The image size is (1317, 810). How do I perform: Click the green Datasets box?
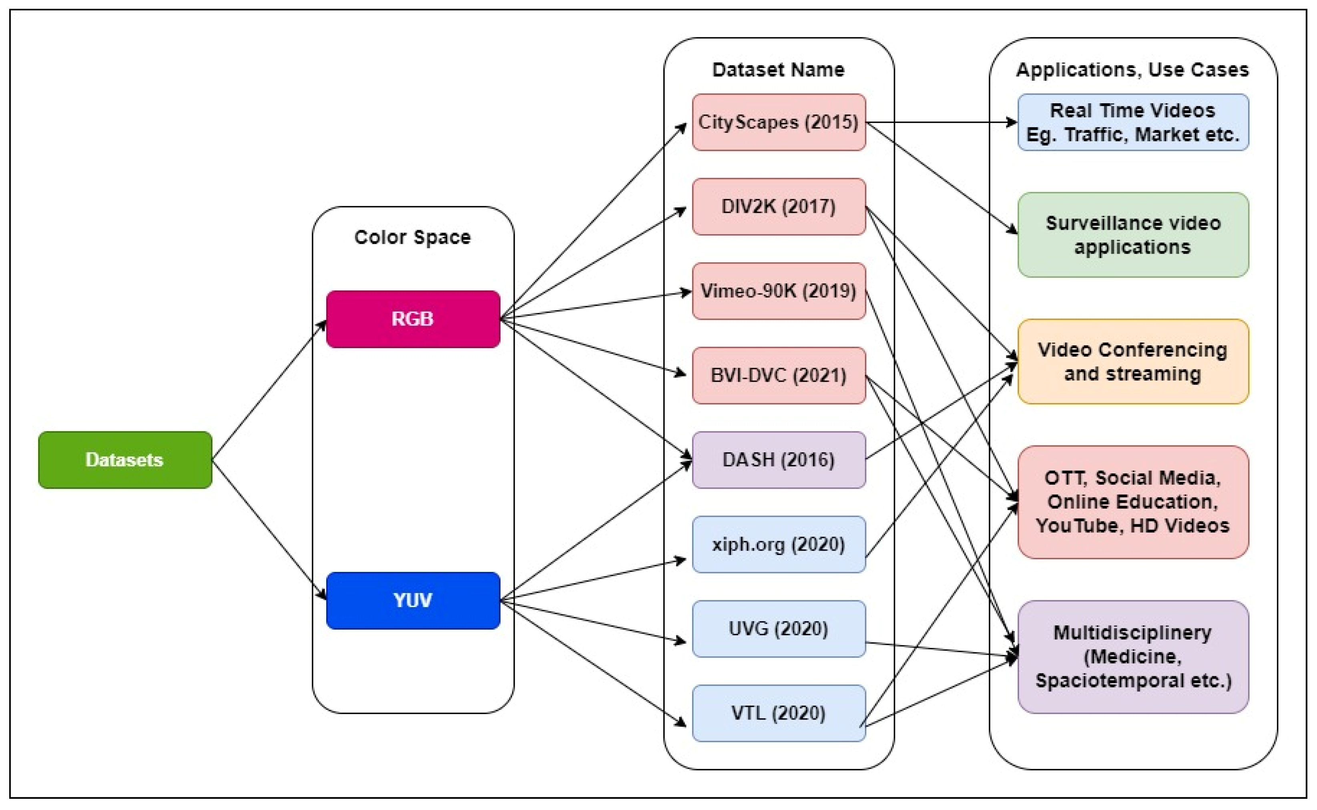pyautogui.click(x=125, y=460)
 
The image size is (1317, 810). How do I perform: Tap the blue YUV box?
pyautogui.click(x=413, y=600)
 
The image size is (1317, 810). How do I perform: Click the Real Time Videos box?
pyautogui.click(x=1133, y=122)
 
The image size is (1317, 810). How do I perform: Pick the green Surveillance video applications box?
pyautogui.click(x=1133, y=235)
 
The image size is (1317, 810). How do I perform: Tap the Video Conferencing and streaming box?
pyautogui.click(x=1133, y=362)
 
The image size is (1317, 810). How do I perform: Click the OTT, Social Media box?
pyautogui.click(x=1133, y=502)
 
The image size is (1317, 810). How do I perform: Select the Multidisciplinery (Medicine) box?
pyautogui.click(x=1133, y=657)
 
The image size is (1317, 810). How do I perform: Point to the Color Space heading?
pyautogui.click(x=413, y=237)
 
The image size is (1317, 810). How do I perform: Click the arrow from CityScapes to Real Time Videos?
pyautogui.click(x=943, y=122)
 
